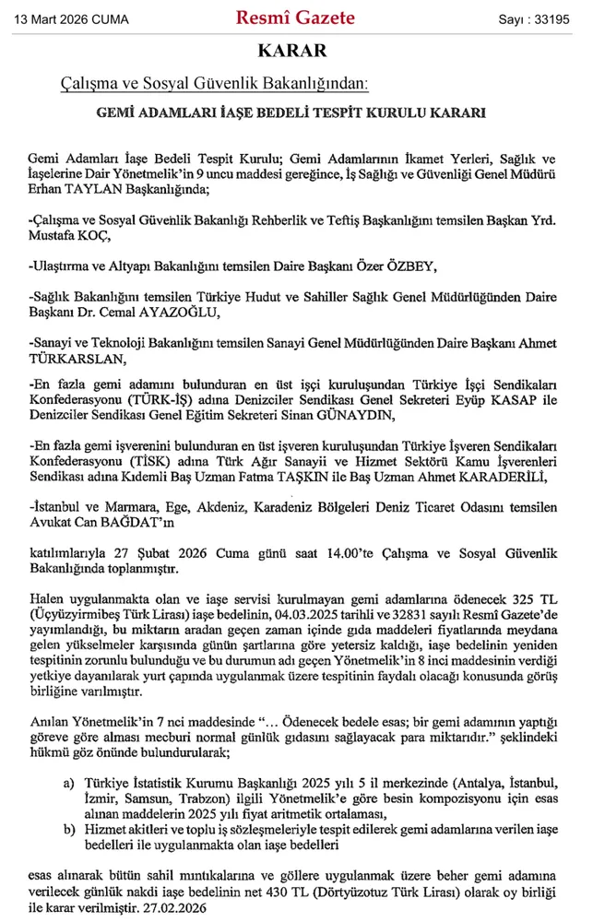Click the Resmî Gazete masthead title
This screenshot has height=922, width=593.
click(x=296, y=18)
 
